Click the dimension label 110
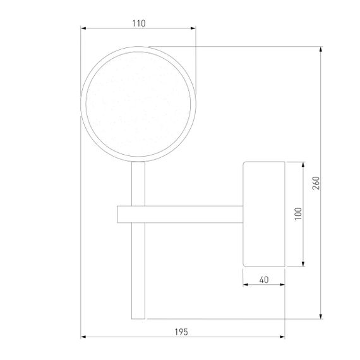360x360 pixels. [x=139, y=23]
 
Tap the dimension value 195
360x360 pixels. [x=181, y=332]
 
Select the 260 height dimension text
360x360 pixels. [x=316, y=183]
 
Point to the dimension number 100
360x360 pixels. [x=298, y=213]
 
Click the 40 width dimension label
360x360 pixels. [x=264, y=280]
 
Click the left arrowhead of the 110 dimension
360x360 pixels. [x=83, y=28]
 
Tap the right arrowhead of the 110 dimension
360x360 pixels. [x=193, y=28]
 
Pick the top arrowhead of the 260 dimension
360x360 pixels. [x=321, y=49]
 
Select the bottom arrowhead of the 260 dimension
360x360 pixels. [x=321, y=316]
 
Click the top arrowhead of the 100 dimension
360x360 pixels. [x=303, y=164]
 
